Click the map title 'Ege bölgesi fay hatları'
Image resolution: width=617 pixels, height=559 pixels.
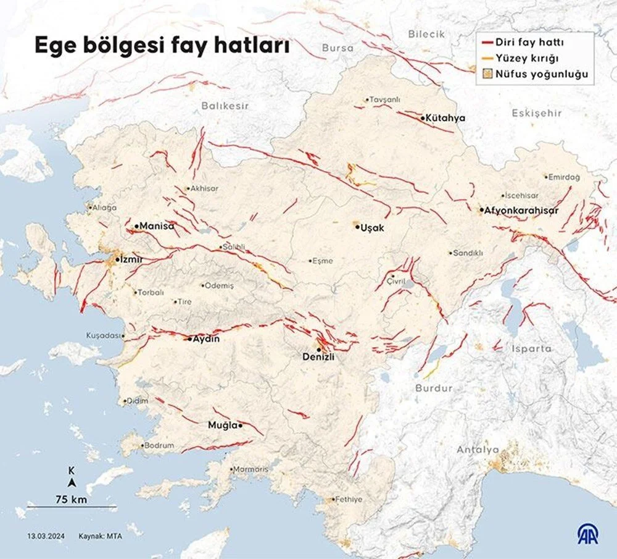[161, 46]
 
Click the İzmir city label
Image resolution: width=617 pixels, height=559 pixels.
[131, 260]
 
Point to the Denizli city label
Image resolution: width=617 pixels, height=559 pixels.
[318, 357]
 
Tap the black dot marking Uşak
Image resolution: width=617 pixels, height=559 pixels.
[357, 227]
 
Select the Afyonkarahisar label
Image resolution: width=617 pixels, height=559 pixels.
[521, 211]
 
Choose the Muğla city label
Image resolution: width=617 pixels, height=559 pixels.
[222, 426]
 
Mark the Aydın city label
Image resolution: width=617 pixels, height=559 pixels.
[207, 339]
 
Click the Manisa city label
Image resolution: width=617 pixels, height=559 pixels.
[157, 227]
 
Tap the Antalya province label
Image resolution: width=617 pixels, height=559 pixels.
[478, 450]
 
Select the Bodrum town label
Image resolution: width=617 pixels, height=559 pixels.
[159, 445]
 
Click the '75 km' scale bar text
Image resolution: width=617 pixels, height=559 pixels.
[71, 499]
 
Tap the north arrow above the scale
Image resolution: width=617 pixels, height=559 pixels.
[72, 482]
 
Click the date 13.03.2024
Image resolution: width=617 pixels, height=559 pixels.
[43, 536]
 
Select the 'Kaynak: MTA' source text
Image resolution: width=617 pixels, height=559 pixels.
[100, 536]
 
